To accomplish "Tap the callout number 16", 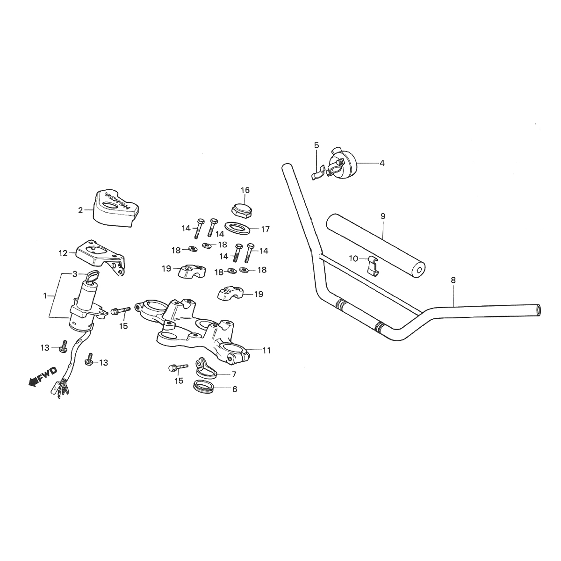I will coord(245,190).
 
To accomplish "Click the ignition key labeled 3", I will coord(92,277).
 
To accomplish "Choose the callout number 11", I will coord(266,350).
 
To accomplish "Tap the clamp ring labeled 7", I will coord(205,368).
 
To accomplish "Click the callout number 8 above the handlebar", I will coord(453,280).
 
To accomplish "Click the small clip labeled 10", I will coord(372,265).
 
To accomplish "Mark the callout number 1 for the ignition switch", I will coord(45,296).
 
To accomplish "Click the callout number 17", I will coord(265,229).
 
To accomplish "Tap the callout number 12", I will coord(64,253).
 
